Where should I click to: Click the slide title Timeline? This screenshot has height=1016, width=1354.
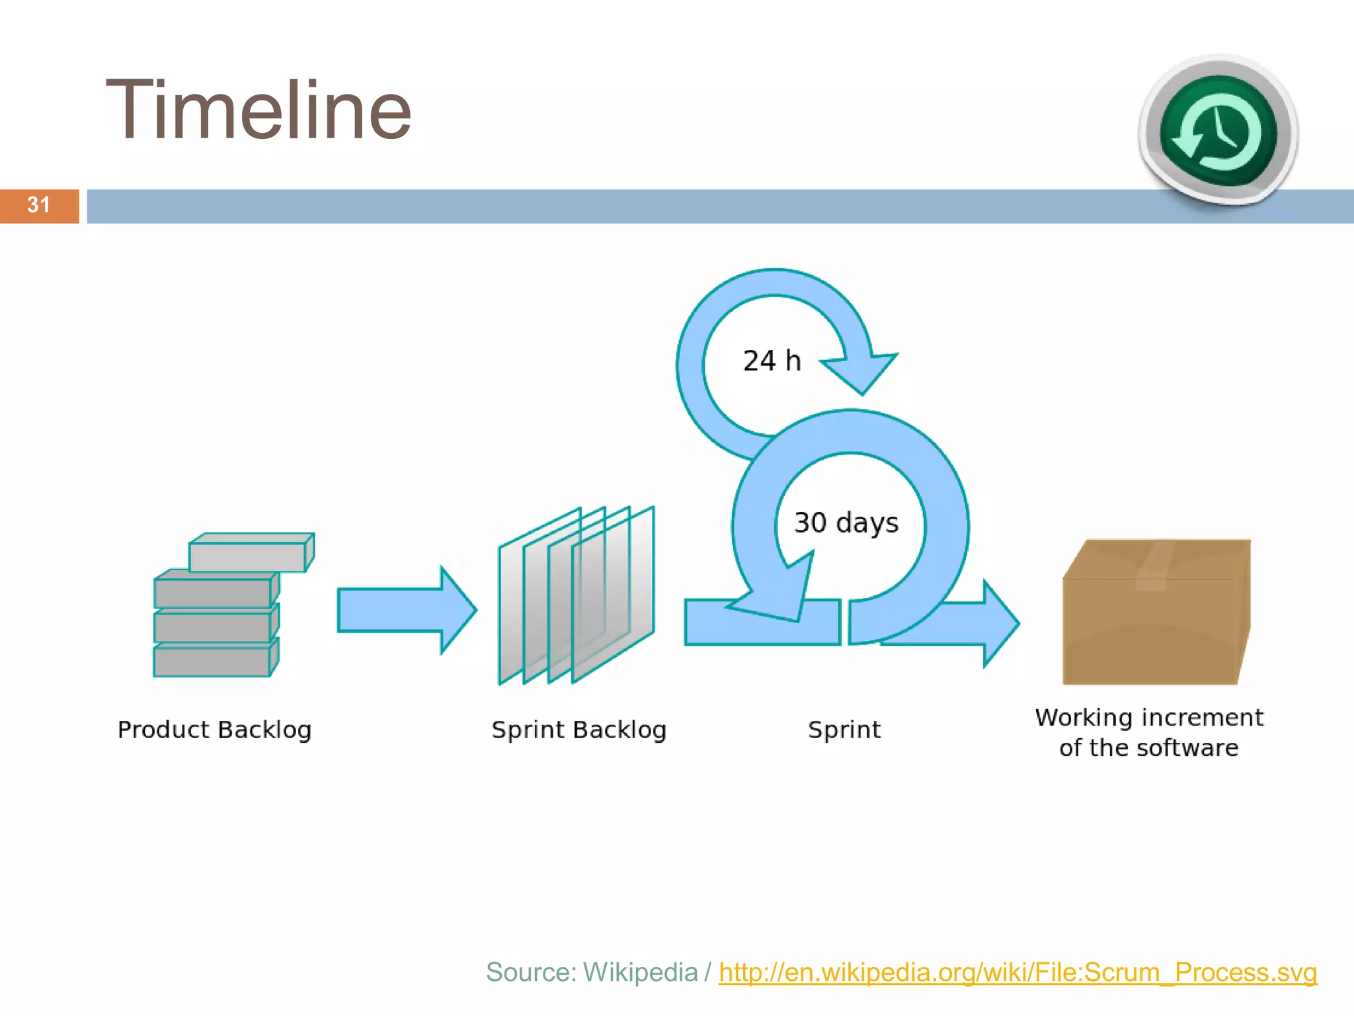259,110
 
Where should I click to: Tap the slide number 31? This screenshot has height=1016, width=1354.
38,205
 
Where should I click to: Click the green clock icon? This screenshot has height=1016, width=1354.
1218,131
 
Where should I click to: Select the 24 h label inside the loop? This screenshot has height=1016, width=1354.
772,361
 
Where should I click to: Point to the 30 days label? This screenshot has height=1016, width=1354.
846,523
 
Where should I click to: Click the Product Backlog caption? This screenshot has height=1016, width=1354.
214,730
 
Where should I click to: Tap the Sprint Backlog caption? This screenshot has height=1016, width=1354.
578,730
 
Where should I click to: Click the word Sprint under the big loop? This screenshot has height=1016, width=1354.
844,730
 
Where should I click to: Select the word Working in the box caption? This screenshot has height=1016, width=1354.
1084,718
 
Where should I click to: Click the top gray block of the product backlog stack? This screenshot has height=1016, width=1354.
249,556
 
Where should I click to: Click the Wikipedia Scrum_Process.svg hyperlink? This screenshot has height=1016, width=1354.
1017,972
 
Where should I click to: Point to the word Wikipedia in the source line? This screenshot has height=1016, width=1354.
640,972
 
